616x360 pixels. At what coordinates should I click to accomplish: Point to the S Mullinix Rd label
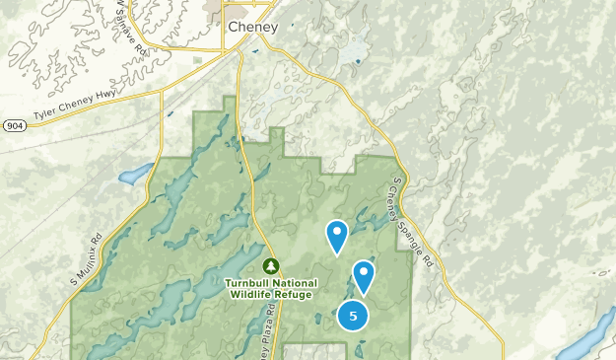click(87, 258)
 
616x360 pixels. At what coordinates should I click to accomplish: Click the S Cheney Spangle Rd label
click(412, 223)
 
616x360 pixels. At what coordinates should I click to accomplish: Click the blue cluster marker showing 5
click(353, 316)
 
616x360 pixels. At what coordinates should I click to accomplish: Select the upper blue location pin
click(337, 235)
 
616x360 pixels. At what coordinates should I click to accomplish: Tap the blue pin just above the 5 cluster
click(364, 275)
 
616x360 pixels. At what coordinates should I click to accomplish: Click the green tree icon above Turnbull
click(271, 265)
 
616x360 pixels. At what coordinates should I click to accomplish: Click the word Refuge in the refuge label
click(294, 294)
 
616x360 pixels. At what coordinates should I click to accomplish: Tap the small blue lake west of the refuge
click(130, 178)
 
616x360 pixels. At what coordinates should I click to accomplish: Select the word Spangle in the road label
click(418, 237)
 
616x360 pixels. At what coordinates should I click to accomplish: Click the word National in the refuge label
click(292, 283)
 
